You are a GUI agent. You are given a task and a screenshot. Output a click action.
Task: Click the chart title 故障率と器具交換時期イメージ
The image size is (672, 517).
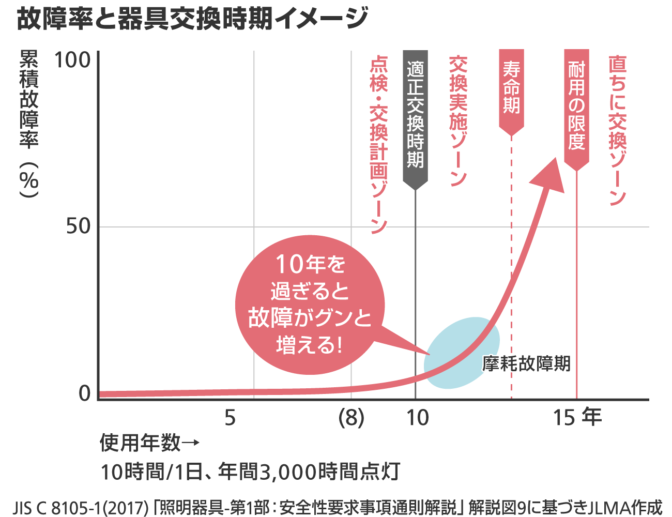192,19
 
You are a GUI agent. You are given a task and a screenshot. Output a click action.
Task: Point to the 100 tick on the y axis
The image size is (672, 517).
72,60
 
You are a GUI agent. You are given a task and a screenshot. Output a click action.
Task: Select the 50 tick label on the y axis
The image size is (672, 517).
78,226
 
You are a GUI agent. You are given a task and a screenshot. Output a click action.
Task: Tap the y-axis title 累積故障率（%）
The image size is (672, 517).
29,124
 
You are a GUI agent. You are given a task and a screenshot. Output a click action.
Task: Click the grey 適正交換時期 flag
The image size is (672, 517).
415,116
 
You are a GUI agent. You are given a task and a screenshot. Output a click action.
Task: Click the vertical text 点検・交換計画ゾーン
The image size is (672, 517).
379,145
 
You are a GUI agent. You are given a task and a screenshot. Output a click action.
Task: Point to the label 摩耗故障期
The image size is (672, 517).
526,363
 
